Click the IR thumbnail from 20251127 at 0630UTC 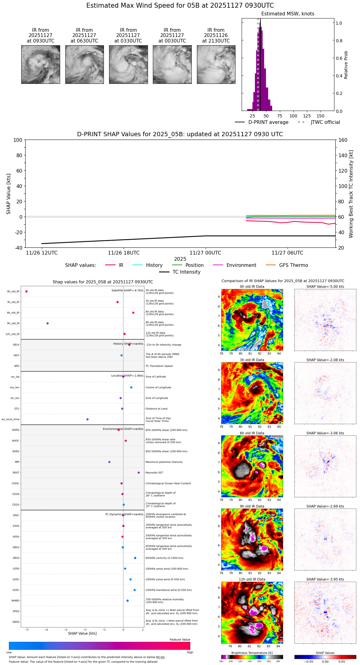pyautogui.click(x=84, y=64)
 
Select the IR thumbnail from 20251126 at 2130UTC pyautogui.click(x=216, y=64)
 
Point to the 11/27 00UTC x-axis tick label pyautogui.click(x=205, y=253)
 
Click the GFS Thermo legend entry pyautogui.click(x=293, y=265)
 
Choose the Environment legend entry pyautogui.click(x=241, y=265)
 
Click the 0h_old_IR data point pyautogui.click(x=27, y=292)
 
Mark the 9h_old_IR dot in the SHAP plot pyautogui.click(x=47, y=323)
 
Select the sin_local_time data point pyautogui.click(x=88, y=419)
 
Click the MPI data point pyautogui.click(x=109, y=462)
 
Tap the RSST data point pyautogui.click(x=139, y=472)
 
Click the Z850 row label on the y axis pyautogui.click(x=16, y=558)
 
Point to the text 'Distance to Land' pyautogui.click(x=157, y=409)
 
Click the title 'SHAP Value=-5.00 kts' pyautogui.click(x=325, y=287)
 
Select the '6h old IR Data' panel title pyautogui.click(x=252, y=433)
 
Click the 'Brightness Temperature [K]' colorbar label pyautogui.click(x=252, y=653)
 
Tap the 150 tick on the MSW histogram pyautogui.click(x=321, y=116)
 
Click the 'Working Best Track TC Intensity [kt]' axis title pyautogui.click(x=351, y=194)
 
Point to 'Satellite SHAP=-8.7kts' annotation pyautogui.click(x=127, y=290)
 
